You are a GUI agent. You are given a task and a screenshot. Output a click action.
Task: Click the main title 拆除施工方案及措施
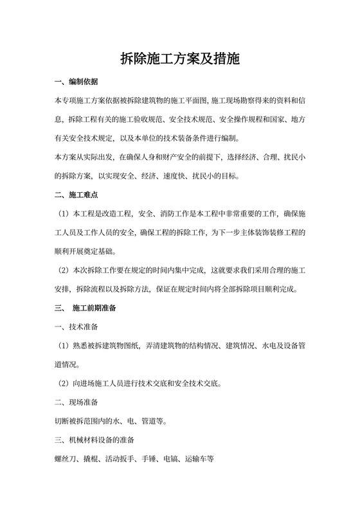pos(180,60)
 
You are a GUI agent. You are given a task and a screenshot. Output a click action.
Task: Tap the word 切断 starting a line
pos(62,422)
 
